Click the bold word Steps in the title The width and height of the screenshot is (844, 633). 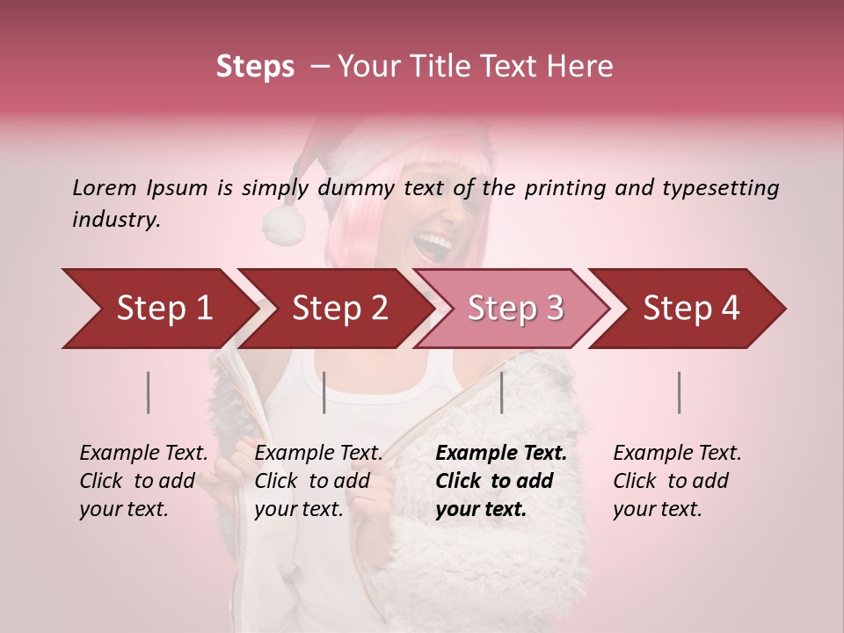point(255,67)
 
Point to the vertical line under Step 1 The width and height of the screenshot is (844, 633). point(149,392)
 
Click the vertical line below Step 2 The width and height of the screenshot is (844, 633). point(324,392)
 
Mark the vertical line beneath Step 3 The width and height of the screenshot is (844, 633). point(502,392)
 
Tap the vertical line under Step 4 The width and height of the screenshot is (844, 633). point(680,392)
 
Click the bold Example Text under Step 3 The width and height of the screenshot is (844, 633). point(501,454)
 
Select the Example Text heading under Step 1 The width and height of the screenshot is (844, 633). point(143,454)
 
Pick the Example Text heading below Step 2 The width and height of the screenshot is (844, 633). point(318,454)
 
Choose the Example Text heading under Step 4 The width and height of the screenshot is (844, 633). point(677,454)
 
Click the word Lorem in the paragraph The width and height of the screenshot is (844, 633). point(105,188)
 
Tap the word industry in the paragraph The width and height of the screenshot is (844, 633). point(116,220)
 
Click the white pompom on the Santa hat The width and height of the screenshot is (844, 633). point(283,225)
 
